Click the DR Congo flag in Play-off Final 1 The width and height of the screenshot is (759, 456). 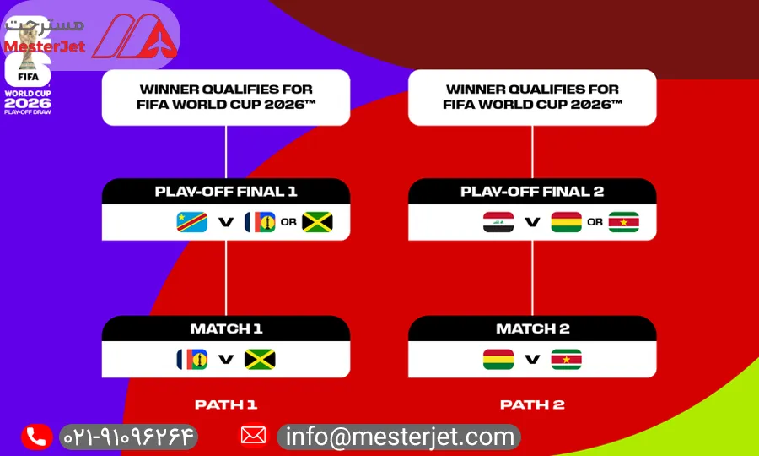[191, 222]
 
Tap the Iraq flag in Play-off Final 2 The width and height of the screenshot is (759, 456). [498, 222]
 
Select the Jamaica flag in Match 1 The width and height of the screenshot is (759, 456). [260, 359]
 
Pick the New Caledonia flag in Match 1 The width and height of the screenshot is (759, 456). [191, 359]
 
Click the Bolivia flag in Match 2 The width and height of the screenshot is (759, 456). [498, 359]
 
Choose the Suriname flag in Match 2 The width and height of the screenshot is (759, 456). [567, 359]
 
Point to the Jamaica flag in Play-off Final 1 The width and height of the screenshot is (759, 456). [317, 222]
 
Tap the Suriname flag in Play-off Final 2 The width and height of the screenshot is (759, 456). [623, 222]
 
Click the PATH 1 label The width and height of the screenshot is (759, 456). [226, 404]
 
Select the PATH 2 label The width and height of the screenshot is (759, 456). [532, 404]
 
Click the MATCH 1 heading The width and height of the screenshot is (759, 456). [226, 328]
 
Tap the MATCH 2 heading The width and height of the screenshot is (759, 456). [532, 328]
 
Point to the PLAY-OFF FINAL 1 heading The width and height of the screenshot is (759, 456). [226, 192]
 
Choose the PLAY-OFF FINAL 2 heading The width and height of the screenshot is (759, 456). [532, 192]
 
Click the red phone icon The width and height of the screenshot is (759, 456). [37, 437]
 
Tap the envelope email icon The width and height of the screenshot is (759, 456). [253, 436]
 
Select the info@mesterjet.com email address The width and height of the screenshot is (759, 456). [400, 437]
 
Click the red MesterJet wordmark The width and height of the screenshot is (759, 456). [45, 46]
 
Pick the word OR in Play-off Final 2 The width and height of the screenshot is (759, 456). [595, 222]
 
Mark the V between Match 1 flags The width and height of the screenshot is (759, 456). [226, 359]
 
